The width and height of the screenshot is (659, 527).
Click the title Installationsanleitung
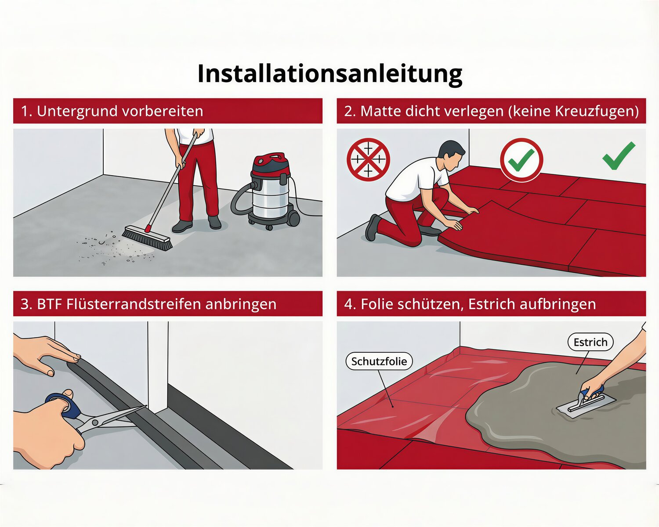click(330, 74)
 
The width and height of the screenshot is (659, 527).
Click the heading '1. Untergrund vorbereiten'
click(112, 111)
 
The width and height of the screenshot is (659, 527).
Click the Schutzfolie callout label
click(379, 361)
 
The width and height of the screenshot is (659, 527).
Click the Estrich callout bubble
click(590, 342)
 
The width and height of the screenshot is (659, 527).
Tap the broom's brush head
click(147, 238)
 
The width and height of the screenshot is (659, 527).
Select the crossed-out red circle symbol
click(368, 159)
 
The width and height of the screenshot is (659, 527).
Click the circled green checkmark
click(521, 159)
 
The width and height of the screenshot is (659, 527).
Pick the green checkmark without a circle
click(619, 155)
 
